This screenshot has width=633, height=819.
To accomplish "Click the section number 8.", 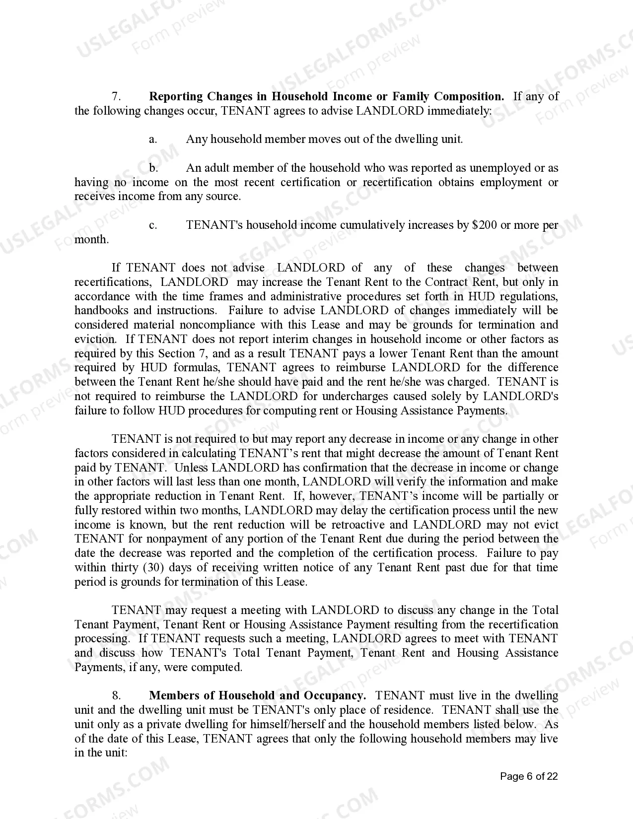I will pyautogui.click(x=117, y=695).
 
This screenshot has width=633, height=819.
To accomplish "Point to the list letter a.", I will pyautogui.click(x=153, y=139).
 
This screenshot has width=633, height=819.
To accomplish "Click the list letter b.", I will pyautogui.click(x=153, y=168).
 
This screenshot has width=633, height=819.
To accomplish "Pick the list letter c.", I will pyautogui.click(x=153, y=225).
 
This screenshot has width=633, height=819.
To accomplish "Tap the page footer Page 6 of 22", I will pyautogui.click(x=529, y=776).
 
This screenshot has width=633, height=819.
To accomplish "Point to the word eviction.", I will pyautogui.click(x=94, y=340).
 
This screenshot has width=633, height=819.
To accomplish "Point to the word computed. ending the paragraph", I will pyautogui.click(x=216, y=667).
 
